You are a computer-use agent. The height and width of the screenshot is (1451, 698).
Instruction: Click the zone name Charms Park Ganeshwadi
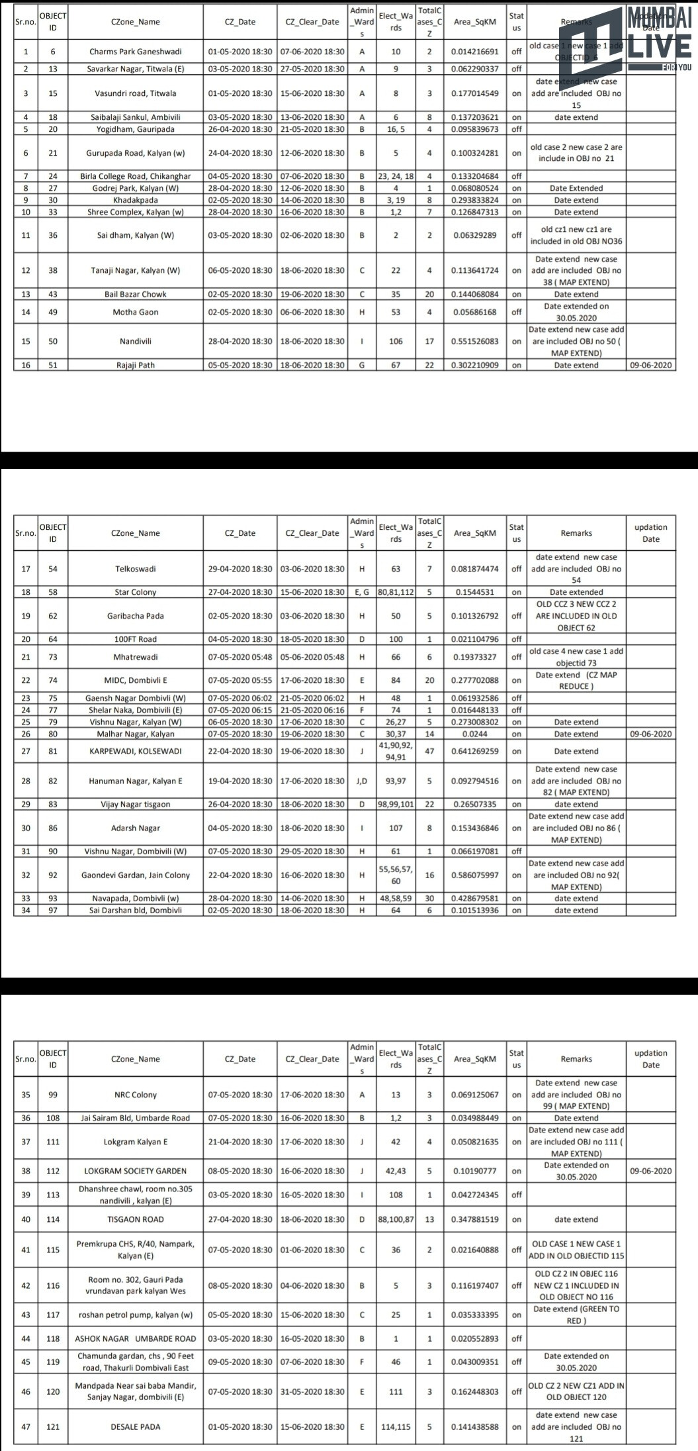135,52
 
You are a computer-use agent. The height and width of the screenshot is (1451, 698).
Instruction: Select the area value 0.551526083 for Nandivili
474,342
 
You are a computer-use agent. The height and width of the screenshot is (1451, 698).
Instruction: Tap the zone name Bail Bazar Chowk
135,294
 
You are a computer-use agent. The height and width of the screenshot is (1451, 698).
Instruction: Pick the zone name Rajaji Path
135,365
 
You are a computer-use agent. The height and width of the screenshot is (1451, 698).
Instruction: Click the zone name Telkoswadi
135,569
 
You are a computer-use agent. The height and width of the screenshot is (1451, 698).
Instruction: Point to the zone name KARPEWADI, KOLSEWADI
135,752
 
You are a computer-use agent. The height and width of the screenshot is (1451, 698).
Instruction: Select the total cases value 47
429,752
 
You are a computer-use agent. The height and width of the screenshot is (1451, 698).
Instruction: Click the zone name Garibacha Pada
135,616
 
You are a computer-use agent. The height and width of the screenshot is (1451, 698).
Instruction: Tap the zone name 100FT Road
135,639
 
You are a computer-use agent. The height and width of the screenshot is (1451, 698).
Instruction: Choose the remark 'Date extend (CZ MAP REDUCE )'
576,680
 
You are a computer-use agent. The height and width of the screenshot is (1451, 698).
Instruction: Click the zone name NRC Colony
135,1095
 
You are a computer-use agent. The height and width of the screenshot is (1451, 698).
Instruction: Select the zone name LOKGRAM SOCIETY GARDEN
135,1171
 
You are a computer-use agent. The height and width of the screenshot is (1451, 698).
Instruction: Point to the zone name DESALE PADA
135,1426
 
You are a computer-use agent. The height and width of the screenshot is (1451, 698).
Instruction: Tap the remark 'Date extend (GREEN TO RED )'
576,1315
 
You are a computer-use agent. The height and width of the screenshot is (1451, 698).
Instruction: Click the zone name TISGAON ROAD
135,1219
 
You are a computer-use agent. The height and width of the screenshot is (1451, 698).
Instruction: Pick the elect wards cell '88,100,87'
396,1219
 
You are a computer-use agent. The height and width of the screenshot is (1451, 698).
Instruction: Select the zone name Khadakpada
135,200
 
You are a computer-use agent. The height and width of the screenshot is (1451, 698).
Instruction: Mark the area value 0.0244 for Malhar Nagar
474,734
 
